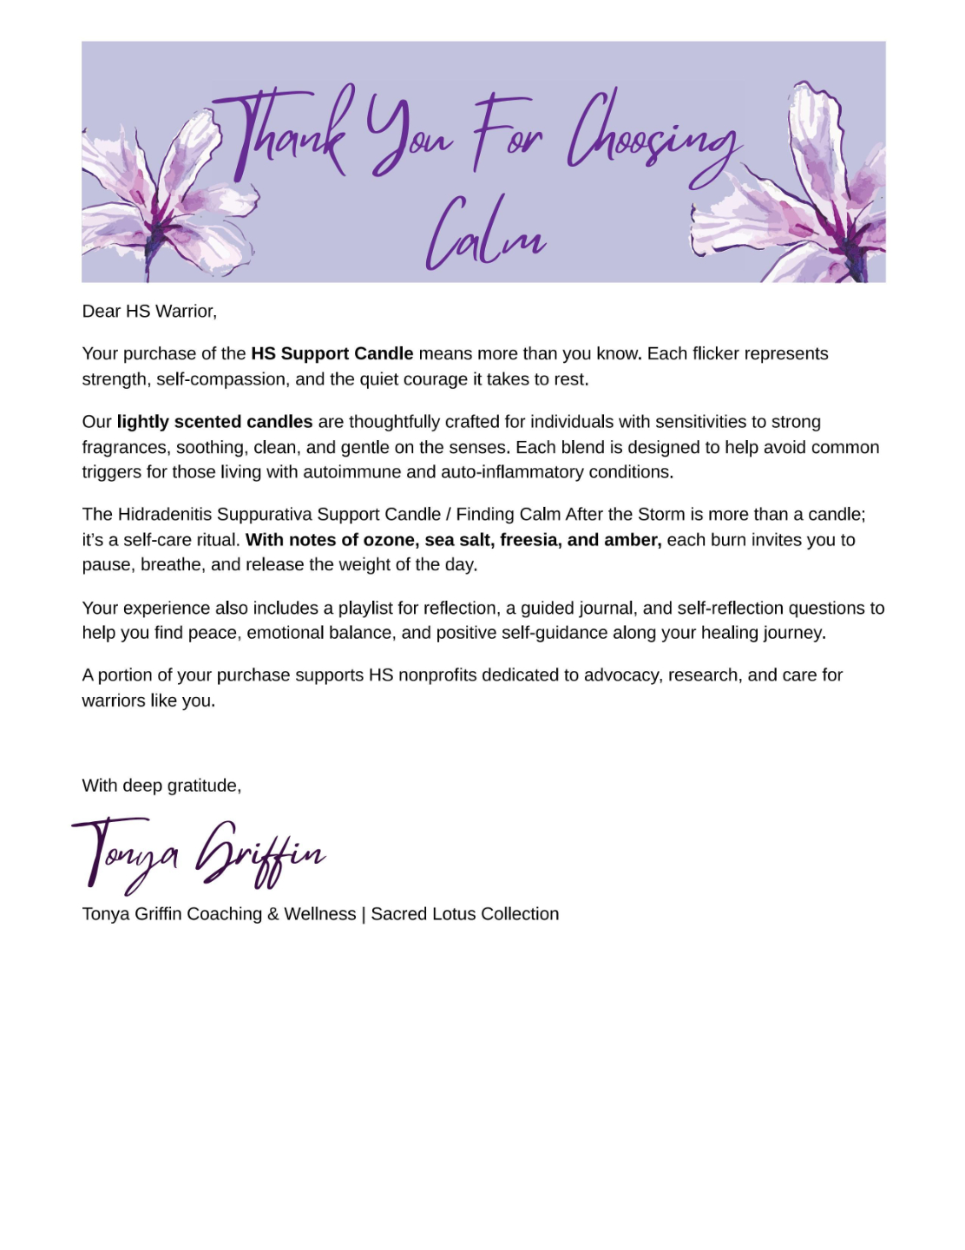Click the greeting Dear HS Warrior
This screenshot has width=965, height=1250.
tap(149, 311)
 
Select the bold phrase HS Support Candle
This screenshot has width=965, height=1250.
tap(332, 353)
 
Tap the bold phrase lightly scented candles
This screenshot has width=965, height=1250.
tap(214, 422)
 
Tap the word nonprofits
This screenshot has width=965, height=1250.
tap(439, 675)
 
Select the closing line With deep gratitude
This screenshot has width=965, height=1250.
tap(161, 786)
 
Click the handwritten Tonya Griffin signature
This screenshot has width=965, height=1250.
tap(198, 853)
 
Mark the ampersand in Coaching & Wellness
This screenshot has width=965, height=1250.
tap(272, 914)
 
